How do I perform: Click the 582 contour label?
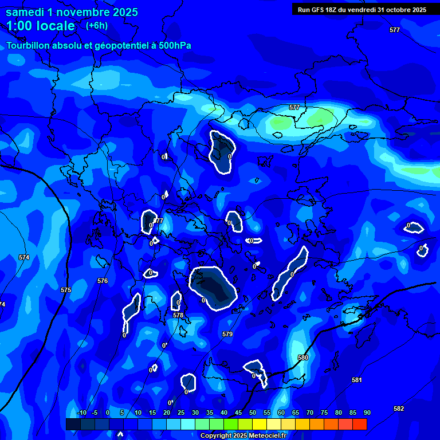[399, 408]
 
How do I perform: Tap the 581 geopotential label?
[357, 380]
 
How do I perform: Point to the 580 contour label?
[303, 357]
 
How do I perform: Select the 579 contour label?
[227, 333]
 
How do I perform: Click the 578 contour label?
[178, 315]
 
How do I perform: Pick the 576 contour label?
[103, 281]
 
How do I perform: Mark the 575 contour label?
[66, 290]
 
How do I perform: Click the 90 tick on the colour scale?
[367, 412]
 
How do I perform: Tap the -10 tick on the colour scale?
[81, 412]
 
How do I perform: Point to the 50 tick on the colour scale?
[253, 412]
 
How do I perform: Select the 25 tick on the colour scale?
[181, 412]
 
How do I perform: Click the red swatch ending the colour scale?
[359, 424]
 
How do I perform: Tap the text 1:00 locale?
[40, 26]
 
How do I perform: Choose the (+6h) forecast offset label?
[96, 26]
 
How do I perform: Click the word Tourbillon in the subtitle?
[29, 45]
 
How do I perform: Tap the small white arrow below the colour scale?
[120, 434]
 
